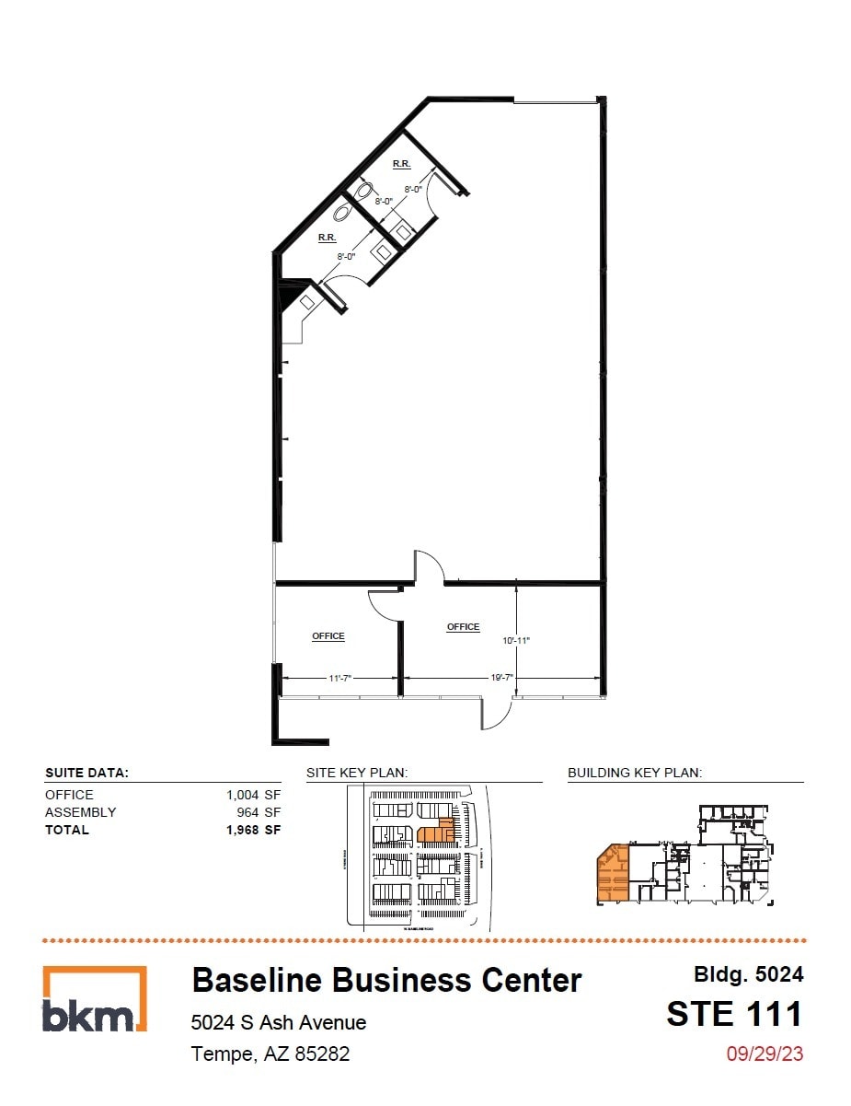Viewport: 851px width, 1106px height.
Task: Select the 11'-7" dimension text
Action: tap(339, 678)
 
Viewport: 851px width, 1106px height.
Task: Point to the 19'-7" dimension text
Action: tap(501, 678)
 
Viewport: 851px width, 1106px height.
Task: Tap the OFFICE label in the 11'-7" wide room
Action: tap(328, 636)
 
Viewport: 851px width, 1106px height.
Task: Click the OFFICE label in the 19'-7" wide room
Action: tap(463, 627)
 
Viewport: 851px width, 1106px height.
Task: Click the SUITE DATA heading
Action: tap(86, 774)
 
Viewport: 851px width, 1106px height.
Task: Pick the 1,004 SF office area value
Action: tap(253, 795)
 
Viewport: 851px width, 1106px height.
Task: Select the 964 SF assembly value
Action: tap(259, 812)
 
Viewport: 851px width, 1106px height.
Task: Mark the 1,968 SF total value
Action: tap(253, 830)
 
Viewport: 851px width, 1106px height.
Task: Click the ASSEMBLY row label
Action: tap(81, 812)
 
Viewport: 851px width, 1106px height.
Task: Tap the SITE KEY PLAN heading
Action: tap(357, 774)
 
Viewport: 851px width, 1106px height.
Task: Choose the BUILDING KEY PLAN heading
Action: tap(635, 774)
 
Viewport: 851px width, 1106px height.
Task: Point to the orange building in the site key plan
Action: tap(436, 833)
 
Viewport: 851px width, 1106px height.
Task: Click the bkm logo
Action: tap(94, 1000)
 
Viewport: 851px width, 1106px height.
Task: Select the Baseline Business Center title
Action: tap(386, 981)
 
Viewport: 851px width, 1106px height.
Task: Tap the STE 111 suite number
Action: tap(734, 1014)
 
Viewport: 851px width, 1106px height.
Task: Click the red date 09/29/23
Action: tap(765, 1054)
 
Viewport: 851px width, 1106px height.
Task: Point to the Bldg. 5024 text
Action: tap(748, 974)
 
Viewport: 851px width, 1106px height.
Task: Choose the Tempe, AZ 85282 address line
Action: tap(270, 1054)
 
